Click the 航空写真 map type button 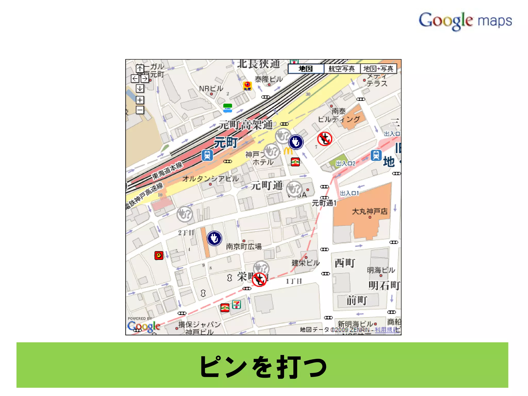[x=342, y=69]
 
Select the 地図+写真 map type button [x=378, y=69]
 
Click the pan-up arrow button [x=140, y=68]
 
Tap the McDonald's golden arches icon [x=288, y=151]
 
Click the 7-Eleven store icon [x=236, y=304]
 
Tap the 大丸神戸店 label [x=370, y=211]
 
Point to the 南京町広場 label [x=244, y=246]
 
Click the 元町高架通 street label [x=246, y=125]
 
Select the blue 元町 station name [x=226, y=143]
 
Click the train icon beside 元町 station [x=207, y=155]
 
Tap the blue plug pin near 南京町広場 [x=214, y=238]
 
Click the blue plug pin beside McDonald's [x=296, y=142]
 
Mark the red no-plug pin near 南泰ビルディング [x=325, y=139]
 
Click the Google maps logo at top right [x=465, y=21]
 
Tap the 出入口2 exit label [x=345, y=163]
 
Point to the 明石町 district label [x=384, y=285]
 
